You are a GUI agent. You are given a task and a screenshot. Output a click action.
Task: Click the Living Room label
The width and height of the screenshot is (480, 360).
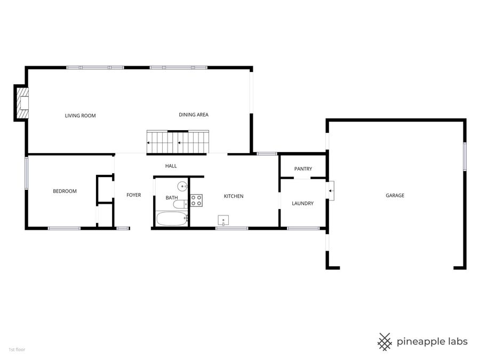(x=80, y=115)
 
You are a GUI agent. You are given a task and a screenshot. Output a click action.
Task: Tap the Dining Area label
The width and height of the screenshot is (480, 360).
(x=193, y=115)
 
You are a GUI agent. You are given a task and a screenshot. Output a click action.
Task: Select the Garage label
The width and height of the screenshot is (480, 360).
(x=395, y=195)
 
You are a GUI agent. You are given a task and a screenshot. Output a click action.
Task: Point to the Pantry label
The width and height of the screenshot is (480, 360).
(x=303, y=169)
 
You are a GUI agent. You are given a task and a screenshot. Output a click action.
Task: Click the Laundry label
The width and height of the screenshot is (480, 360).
(x=302, y=203)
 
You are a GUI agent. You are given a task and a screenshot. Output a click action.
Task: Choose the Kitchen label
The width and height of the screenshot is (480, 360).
(x=233, y=196)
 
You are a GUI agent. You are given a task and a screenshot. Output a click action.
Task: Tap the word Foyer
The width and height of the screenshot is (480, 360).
(x=133, y=195)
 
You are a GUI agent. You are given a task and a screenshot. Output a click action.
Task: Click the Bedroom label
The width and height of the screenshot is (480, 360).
(x=65, y=191)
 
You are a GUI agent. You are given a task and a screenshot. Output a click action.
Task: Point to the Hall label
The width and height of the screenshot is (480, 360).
(x=171, y=166)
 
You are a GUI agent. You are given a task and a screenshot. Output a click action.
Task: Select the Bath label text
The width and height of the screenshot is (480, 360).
(x=172, y=198)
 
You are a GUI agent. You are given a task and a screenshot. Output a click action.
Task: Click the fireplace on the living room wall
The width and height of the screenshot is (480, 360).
(x=21, y=103)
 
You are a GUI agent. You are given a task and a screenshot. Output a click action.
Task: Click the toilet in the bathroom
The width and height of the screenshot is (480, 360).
(x=180, y=203)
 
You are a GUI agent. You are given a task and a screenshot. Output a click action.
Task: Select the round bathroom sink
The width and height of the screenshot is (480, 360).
(x=182, y=186)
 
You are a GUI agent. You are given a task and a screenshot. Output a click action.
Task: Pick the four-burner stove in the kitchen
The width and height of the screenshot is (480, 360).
(x=196, y=200)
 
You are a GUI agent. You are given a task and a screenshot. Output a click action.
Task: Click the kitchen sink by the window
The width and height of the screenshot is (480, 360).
(x=223, y=221)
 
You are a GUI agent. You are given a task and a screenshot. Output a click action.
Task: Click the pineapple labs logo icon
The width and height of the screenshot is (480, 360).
(x=385, y=341)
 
